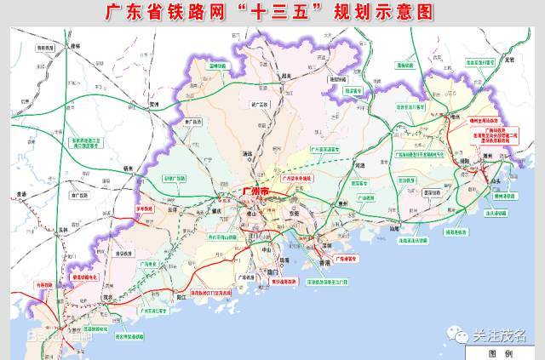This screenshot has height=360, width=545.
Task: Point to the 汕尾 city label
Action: pyautogui.click(x=393, y=228)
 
